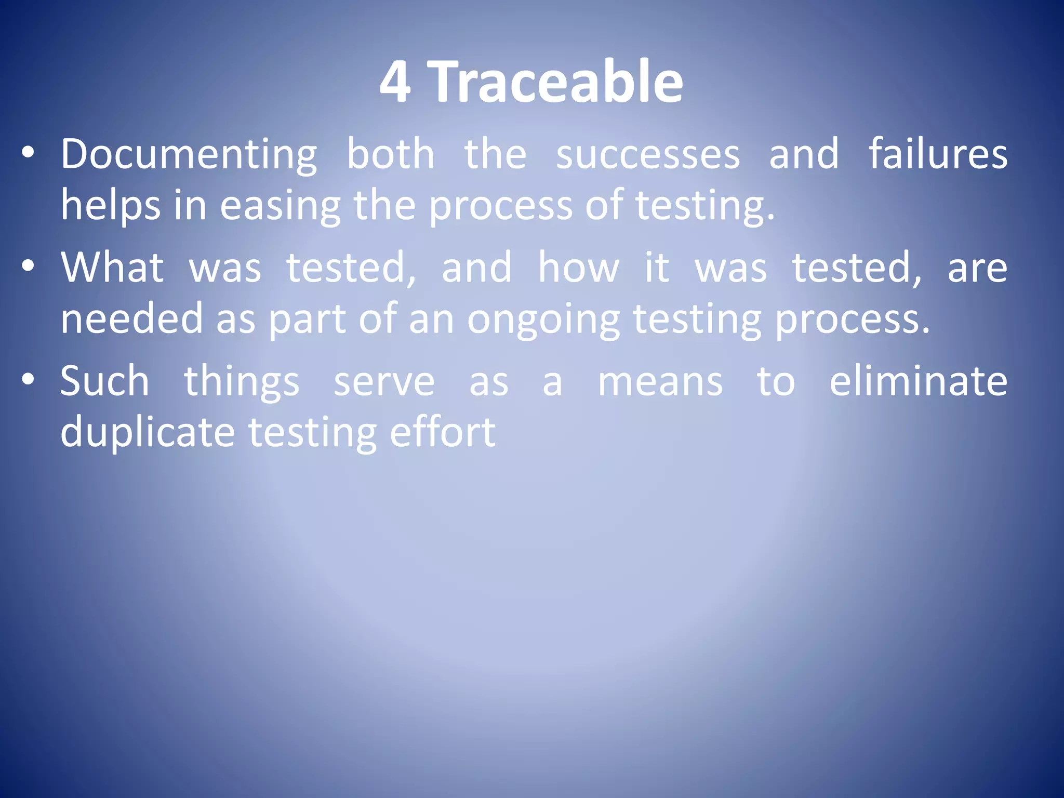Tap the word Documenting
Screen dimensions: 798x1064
(189, 155)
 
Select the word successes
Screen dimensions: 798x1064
(648, 155)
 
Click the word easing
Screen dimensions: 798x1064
(280, 206)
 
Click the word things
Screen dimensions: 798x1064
(242, 382)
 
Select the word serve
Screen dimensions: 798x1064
(384, 382)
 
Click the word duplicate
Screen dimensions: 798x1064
(148, 433)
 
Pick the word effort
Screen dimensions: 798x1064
(442, 432)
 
